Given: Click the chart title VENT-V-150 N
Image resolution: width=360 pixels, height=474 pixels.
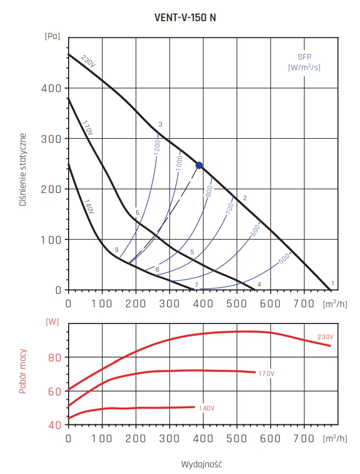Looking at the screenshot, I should click(x=185, y=17).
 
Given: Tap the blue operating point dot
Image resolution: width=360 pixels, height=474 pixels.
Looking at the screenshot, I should click(x=199, y=165).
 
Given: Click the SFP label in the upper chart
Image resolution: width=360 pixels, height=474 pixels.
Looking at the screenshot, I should click(x=304, y=57).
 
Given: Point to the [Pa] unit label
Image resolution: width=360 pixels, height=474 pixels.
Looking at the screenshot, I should click(x=52, y=36).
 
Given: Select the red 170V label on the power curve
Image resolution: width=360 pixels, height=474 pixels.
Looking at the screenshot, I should click(x=266, y=373).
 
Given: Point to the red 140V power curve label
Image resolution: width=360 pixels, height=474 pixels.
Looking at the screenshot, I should click(x=206, y=408).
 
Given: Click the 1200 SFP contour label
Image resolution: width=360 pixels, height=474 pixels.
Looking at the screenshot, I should click(x=157, y=147).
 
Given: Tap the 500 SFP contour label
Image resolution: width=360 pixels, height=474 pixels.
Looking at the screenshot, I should click(x=284, y=258).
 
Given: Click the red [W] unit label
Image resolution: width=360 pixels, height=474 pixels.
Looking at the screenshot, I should click(x=52, y=321).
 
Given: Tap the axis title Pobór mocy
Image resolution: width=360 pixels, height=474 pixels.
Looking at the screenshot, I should click(x=23, y=371).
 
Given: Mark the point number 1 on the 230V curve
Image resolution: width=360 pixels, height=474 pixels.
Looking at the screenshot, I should click(x=333, y=283).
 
